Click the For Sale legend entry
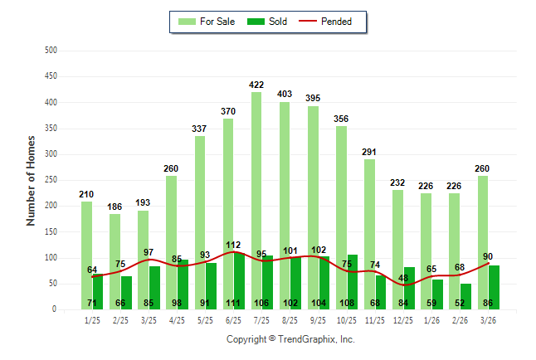(208, 22)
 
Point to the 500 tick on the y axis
(50, 51)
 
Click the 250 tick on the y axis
(50, 180)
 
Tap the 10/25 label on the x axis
(347, 320)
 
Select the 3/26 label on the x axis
(488, 320)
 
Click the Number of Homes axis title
(31, 180)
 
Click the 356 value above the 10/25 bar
(341, 119)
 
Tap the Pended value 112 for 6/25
(234, 245)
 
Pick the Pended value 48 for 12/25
(403, 278)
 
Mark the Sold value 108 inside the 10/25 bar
(347, 303)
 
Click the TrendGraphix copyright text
(290, 339)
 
